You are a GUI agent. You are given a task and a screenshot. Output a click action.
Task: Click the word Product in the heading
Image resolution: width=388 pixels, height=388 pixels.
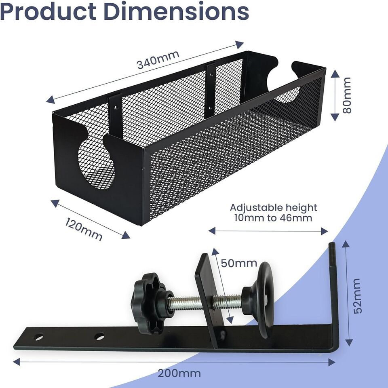point(48,12)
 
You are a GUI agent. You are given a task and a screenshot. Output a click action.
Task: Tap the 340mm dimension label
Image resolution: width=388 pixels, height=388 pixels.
point(158,59)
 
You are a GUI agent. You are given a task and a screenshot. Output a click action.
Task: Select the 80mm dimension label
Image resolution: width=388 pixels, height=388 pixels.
point(347,95)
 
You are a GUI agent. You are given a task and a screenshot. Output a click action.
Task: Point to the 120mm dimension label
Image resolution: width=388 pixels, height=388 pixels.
point(84,229)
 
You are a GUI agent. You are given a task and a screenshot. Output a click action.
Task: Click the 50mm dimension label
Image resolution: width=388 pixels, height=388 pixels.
point(239,263)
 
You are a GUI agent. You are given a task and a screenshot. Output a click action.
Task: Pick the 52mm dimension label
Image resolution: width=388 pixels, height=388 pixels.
point(357,296)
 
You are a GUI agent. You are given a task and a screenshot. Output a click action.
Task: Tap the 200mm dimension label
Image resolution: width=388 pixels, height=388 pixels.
point(179,373)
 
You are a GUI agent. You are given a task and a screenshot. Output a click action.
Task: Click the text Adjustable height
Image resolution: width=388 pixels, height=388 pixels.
point(274,208)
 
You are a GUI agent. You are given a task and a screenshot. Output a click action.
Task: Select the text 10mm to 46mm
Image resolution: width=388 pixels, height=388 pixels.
point(273,218)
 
